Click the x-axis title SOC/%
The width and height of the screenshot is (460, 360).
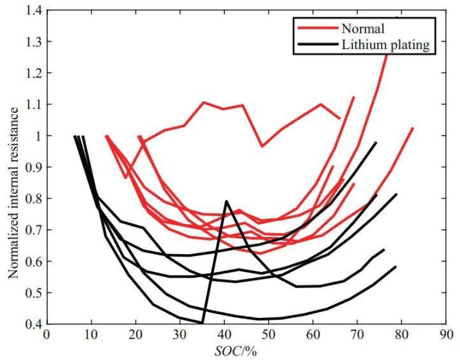click(244, 349)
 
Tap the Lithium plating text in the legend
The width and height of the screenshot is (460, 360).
click(385, 45)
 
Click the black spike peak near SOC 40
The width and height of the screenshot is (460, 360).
click(227, 201)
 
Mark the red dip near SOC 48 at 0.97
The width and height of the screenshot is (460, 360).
click(262, 146)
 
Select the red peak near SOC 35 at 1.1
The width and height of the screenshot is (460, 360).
click(204, 102)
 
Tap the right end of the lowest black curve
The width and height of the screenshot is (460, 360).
click(396, 266)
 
